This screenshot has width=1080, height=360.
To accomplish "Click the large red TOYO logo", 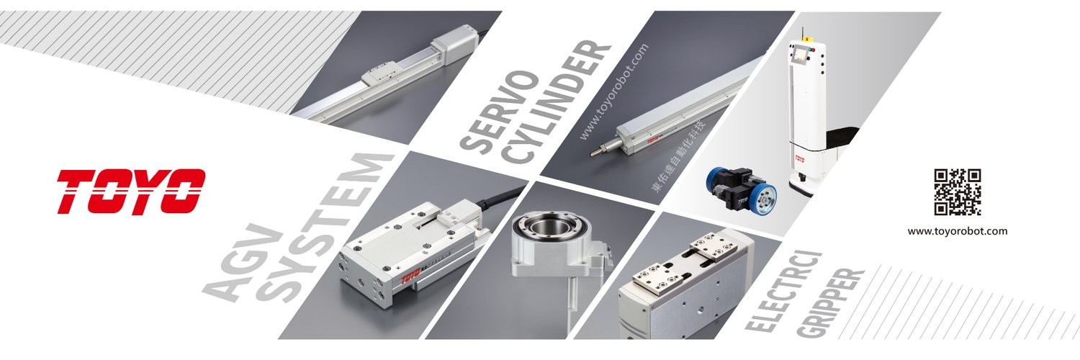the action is (131, 191).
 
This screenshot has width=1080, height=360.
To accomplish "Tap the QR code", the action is (958, 192).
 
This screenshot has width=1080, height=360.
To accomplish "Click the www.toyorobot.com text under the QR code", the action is (958, 231).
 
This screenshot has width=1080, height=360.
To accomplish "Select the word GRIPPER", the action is (829, 303).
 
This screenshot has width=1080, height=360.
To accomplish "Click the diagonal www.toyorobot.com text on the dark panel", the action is (613, 92).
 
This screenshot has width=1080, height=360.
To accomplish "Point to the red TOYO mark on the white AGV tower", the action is (801, 158).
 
